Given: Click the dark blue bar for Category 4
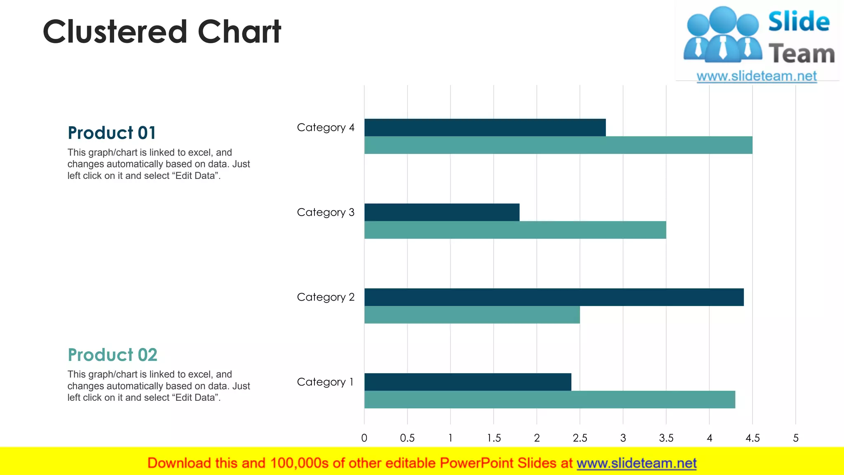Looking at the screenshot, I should pyautogui.click(x=485, y=127).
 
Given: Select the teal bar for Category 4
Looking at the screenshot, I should pyautogui.click(x=558, y=145).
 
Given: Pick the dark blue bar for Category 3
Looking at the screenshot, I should pyautogui.click(x=442, y=212).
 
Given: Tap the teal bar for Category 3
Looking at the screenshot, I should pyautogui.click(x=515, y=230).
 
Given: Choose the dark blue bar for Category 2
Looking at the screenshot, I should pyautogui.click(x=554, y=297).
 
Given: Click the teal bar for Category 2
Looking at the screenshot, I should pyautogui.click(x=472, y=315).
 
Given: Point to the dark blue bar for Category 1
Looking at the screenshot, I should pyautogui.click(x=468, y=382).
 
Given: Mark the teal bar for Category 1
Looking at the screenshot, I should pyautogui.click(x=550, y=400).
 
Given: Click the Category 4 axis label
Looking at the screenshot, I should pyautogui.click(x=326, y=128).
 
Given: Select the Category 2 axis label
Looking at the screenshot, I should pyautogui.click(x=326, y=297).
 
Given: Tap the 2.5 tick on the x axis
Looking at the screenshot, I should pyautogui.click(x=580, y=438).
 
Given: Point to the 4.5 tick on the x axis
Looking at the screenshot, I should pyautogui.click(x=753, y=438).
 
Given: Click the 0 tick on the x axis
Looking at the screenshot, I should pyautogui.click(x=364, y=438).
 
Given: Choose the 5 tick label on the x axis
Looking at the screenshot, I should pyautogui.click(x=796, y=438).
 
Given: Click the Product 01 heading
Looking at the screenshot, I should pyautogui.click(x=112, y=133).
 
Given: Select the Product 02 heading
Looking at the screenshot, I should pyautogui.click(x=113, y=355).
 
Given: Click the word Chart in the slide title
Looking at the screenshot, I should pyautogui.click(x=239, y=32).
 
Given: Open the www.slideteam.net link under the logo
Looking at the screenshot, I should pyautogui.click(x=757, y=76).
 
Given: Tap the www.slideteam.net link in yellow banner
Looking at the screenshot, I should pyautogui.click(x=636, y=463).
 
